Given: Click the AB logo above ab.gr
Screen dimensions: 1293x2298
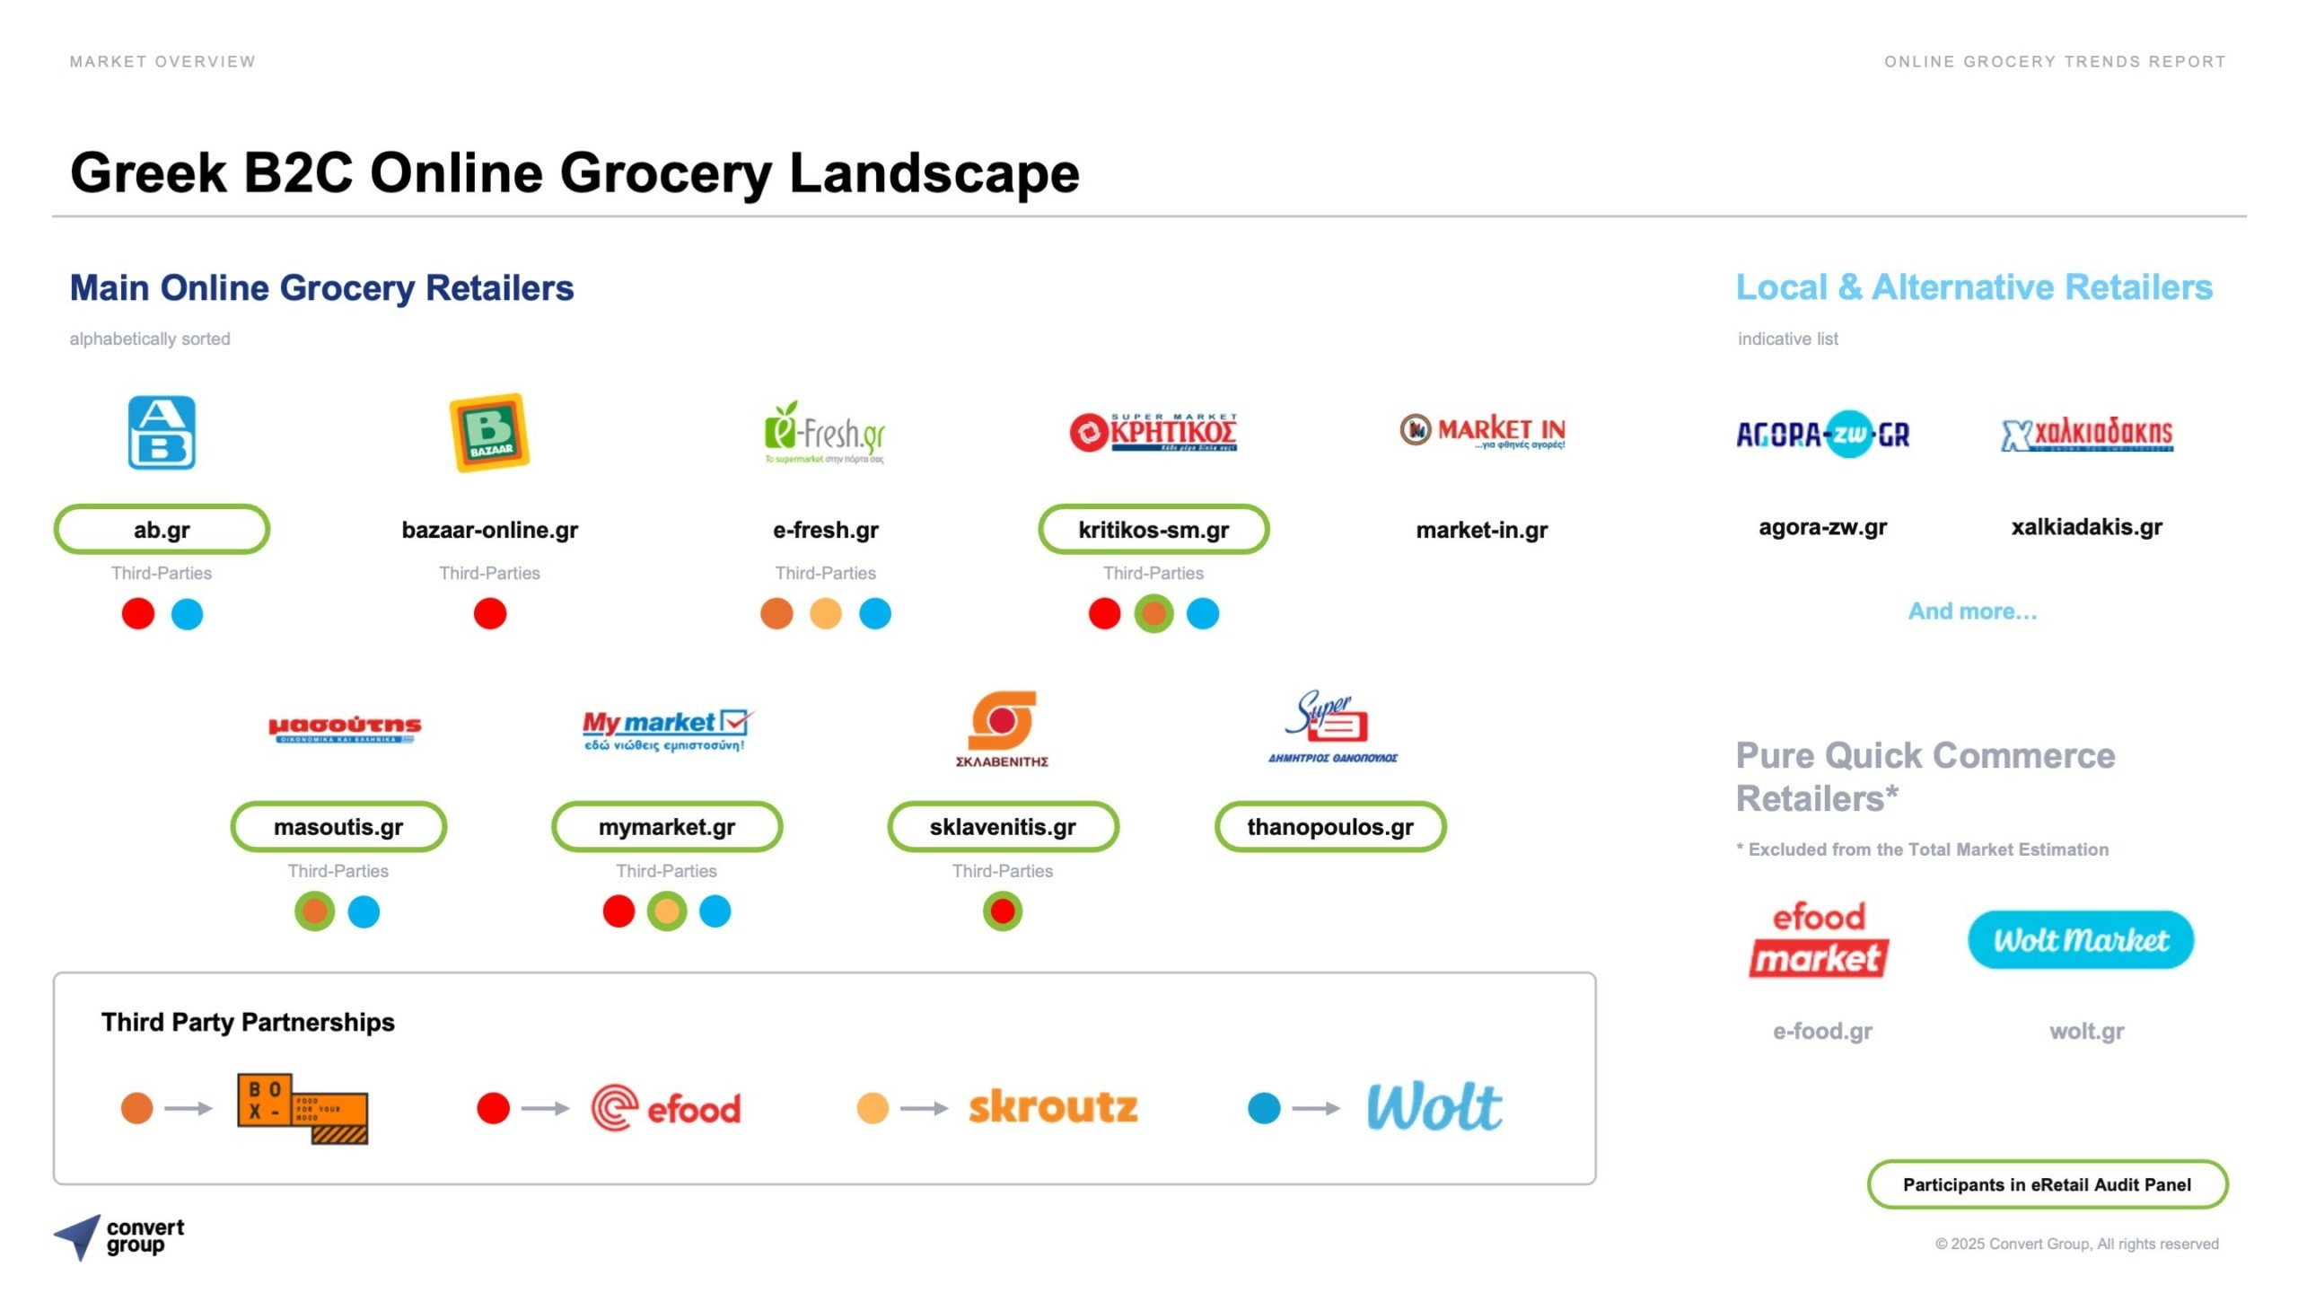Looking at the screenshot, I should click(x=162, y=433).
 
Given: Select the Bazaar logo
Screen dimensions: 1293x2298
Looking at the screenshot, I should click(x=489, y=433).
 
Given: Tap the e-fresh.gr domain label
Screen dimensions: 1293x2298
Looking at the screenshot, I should click(x=825, y=530).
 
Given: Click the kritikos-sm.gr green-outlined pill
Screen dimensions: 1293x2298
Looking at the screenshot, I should click(x=1153, y=530).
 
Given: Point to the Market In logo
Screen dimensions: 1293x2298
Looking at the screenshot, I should click(x=1482, y=432).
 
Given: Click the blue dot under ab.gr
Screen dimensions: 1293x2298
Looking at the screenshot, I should click(x=187, y=614).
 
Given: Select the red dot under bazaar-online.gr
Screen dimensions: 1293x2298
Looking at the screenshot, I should click(x=489, y=614).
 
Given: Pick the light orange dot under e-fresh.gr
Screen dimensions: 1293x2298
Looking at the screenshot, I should click(x=825, y=614).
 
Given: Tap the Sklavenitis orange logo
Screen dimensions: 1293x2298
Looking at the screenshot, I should click(x=1002, y=722).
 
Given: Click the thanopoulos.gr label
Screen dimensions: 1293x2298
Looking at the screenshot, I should click(x=1329, y=827).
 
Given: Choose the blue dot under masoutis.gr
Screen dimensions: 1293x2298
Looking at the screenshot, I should click(x=364, y=912).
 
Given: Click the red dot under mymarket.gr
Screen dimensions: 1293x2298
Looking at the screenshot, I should click(x=618, y=912).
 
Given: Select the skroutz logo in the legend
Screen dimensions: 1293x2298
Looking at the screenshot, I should click(x=1053, y=1108).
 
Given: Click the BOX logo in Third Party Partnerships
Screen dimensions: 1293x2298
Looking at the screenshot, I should click(x=302, y=1108).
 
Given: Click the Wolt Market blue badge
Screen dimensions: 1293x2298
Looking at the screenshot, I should click(x=2080, y=940).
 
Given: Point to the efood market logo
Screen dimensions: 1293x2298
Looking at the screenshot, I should click(x=1820, y=940).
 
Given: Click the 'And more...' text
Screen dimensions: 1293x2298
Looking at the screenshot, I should click(x=1972, y=611).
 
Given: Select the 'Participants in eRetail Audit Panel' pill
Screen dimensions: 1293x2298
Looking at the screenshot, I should click(x=2047, y=1185).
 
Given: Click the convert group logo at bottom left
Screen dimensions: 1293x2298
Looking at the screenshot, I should click(x=118, y=1237).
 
